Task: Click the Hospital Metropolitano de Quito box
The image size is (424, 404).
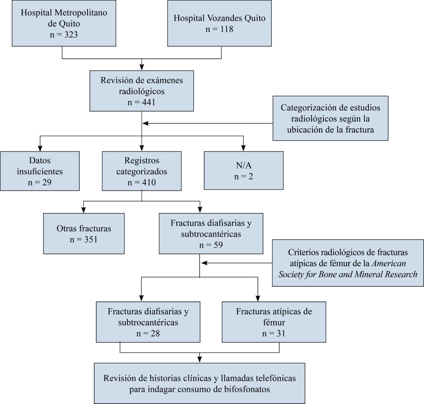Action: [x=64, y=24]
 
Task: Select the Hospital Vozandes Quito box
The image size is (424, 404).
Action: [x=220, y=24]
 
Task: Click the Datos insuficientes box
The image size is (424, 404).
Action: [x=40, y=172]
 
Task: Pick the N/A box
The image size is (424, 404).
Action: [x=243, y=171]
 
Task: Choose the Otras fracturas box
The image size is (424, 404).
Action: [x=84, y=233]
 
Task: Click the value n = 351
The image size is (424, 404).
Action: [x=84, y=239]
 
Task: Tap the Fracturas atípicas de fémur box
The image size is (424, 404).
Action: [x=274, y=322]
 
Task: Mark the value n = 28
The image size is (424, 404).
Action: [x=148, y=333]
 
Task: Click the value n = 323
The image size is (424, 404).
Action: [x=64, y=34]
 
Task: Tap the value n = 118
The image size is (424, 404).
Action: [x=220, y=29]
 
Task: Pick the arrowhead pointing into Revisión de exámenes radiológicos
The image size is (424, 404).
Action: [x=142, y=67]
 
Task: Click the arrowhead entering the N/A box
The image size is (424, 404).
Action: [x=243, y=148]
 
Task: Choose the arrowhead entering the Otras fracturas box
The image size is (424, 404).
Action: [x=83, y=210]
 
